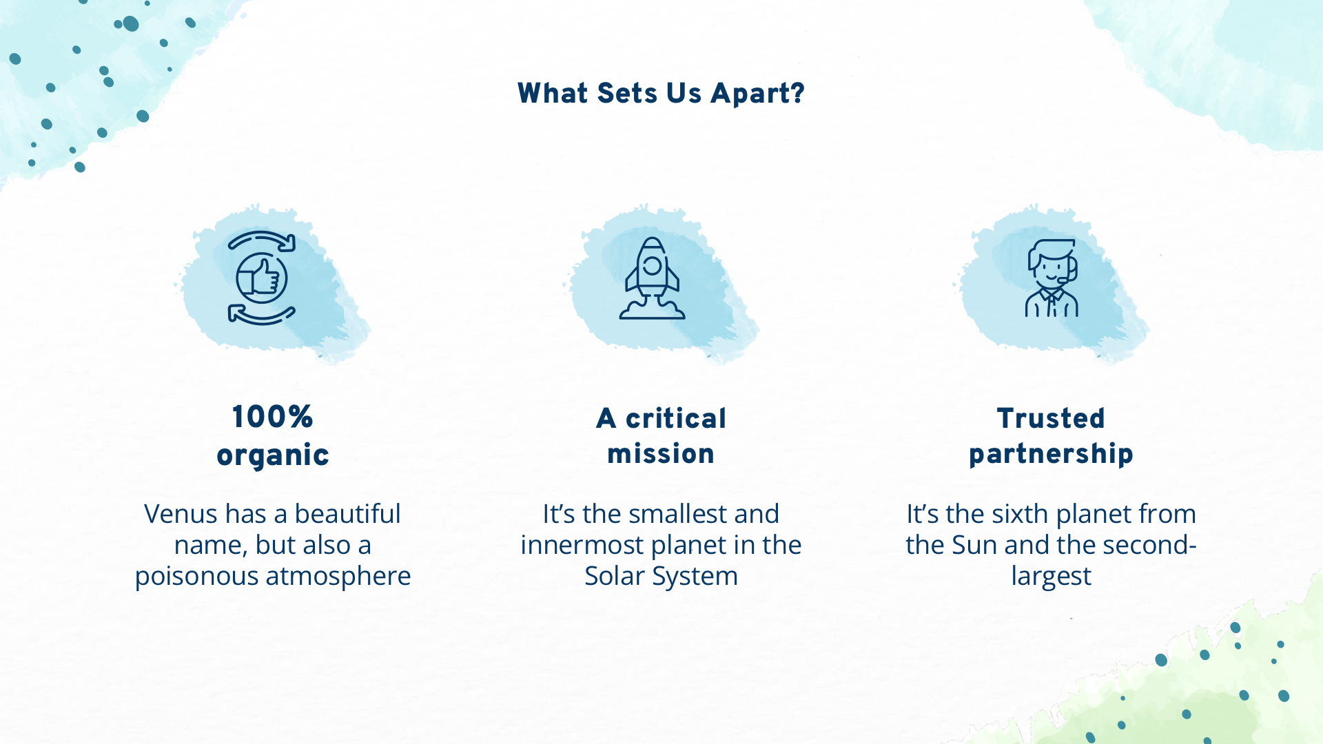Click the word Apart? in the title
pyautogui.click(x=757, y=94)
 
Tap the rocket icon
pyautogui.click(x=652, y=278)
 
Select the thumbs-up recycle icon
pyautogui.click(x=262, y=278)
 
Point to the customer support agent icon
pyautogui.click(x=1052, y=278)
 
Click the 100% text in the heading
pyautogui.click(x=273, y=417)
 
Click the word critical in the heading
pyautogui.click(x=676, y=418)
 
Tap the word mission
pyautogui.click(x=661, y=454)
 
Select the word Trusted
pyautogui.click(x=1051, y=418)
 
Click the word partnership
pyautogui.click(x=1051, y=455)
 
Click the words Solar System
pyautogui.click(x=661, y=577)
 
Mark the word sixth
pyautogui.click(x=1018, y=514)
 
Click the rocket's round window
pyautogui.click(x=652, y=266)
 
